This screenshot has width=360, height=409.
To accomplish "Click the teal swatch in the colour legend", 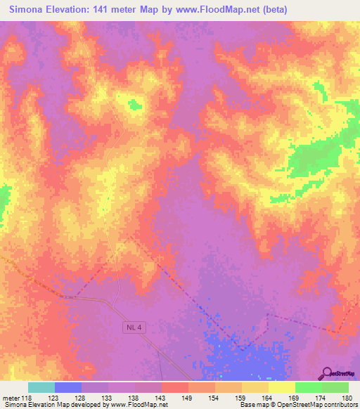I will point(41,387).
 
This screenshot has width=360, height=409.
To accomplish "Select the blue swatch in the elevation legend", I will point(68,387).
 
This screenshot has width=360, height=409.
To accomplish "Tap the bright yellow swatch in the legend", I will point(282,387).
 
